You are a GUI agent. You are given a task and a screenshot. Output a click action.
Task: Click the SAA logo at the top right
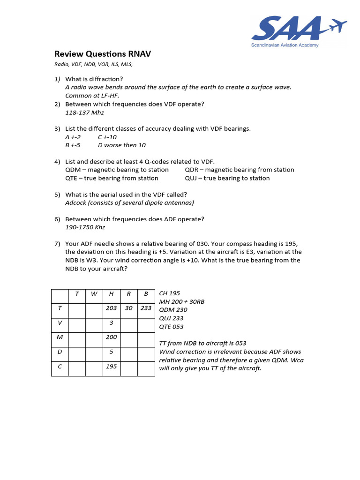(x=299, y=31)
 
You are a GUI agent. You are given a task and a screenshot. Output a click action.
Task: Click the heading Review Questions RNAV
(x=103, y=54)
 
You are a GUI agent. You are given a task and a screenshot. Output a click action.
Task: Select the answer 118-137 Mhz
(x=84, y=112)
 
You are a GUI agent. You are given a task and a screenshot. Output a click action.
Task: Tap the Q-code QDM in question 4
(x=73, y=170)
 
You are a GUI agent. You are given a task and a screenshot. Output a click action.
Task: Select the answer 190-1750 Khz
(x=85, y=227)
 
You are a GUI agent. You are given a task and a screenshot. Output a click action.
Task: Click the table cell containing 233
(x=146, y=308)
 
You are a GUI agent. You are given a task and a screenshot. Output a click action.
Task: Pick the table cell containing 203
(x=111, y=308)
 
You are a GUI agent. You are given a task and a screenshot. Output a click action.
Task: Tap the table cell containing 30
(x=129, y=308)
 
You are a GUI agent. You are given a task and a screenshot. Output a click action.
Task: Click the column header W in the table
(x=94, y=294)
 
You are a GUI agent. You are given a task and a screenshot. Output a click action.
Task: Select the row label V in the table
(x=60, y=322)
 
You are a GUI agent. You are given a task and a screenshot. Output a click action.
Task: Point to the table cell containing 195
(x=111, y=366)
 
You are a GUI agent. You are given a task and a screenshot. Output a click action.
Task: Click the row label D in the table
(x=60, y=352)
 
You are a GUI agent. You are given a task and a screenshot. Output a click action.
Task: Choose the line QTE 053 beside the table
(x=172, y=327)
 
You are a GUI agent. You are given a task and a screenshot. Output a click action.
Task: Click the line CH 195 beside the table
(x=170, y=293)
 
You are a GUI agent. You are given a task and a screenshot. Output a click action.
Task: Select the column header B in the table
(x=146, y=294)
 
